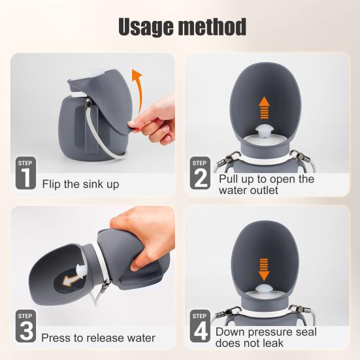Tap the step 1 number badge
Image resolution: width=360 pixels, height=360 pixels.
tap(25, 174)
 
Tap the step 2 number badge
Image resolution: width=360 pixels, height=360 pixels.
tap(200, 174)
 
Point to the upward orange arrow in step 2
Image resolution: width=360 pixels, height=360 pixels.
tap(263, 108)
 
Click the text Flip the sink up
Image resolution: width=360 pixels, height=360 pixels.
tap(81, 184)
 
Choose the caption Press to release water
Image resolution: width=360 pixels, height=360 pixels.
tap(98, 338)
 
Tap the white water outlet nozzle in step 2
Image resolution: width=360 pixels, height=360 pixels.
tap(264, 131)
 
